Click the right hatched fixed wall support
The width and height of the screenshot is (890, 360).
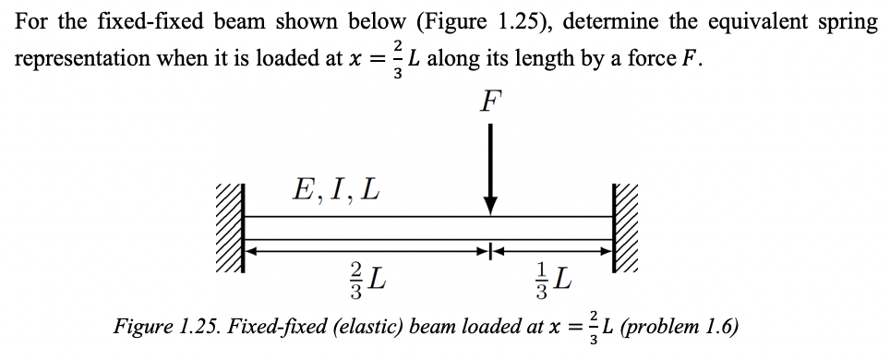(x=625, y=228)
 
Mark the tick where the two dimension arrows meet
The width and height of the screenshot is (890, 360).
(x=490, y=248)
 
